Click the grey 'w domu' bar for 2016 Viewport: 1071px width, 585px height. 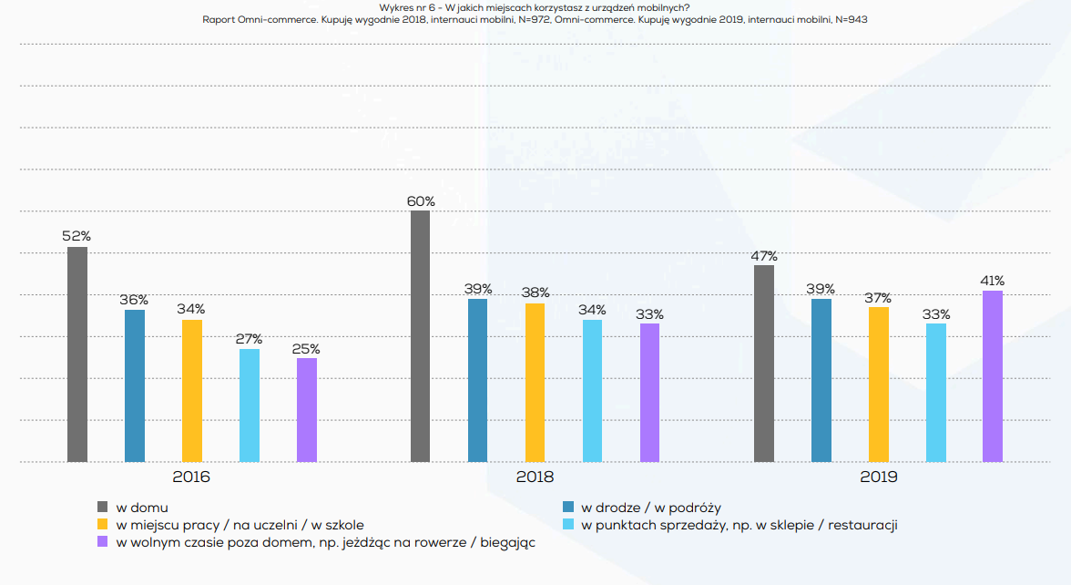click(x=77, y=354)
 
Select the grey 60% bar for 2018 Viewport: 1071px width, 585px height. click(x=421, y=336)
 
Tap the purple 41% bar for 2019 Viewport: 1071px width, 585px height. click(x=993, y=376)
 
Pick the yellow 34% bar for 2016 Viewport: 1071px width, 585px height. click(x=192, y=391)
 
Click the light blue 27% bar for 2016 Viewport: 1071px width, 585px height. click(x=250, y=405)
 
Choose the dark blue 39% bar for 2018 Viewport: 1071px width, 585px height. click(x=478, y=380)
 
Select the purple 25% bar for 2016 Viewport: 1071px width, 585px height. click(x=307, y=410)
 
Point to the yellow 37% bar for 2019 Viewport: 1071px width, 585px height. click(x=878, y=385)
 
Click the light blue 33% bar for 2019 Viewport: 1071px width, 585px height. click(x=936, y=393)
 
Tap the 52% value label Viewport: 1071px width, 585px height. click(x=76, y=236)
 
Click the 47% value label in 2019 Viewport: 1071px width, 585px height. click(x=763, y=256)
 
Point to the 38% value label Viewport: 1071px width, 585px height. click(x=535, y=292)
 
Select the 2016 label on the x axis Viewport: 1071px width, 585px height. click(x=191, y=477)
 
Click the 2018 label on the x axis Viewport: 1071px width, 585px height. click(x=535, y=477)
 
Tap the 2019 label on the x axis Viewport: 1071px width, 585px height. click(x=878, y=477)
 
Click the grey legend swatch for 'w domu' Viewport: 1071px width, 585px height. click(x=103, y=508)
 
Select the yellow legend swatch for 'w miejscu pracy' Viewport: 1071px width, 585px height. click(x=103, y=525)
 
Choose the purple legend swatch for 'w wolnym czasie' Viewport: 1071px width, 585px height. click(x=103, y=542)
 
